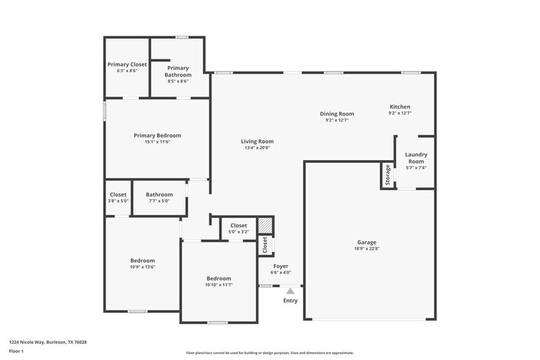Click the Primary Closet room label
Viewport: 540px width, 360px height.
[127, 64]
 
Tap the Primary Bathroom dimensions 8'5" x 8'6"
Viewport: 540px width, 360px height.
[178, 81]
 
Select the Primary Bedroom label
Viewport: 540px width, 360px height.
[157, 135]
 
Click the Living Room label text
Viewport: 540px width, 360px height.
[257, 141]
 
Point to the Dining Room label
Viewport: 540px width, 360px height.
[337, 113]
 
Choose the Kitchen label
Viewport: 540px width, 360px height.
[399, 107]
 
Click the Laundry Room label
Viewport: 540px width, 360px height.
[416, 158]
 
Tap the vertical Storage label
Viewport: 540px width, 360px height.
[388, 175]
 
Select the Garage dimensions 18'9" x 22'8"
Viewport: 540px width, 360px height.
[367, 249]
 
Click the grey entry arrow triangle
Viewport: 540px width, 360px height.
[290, 291]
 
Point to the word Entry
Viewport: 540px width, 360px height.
[290, 301]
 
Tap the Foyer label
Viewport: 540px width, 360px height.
[280, 266]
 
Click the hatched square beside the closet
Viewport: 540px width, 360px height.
[264, 225]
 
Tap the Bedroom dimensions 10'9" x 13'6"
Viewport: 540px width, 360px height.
[143, 267]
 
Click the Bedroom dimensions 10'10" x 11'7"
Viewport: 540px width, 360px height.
[219, 285]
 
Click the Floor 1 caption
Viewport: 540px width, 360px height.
[16, 351]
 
